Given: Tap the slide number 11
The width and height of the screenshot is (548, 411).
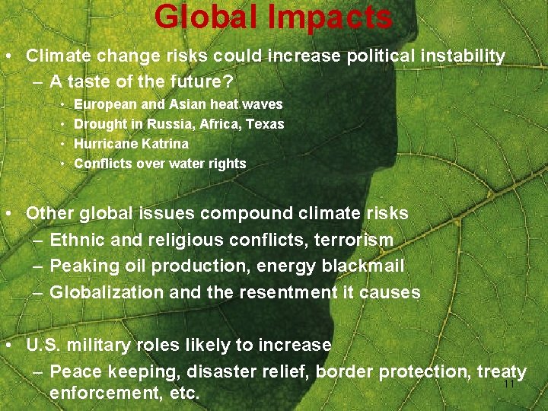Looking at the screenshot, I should pyautogui.click(x=510, y=384).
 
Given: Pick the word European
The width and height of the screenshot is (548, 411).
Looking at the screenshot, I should pyautogui.click(x=103, y=104).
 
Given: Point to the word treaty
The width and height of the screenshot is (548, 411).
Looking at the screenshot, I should pyautogui.click(x=502, y=371).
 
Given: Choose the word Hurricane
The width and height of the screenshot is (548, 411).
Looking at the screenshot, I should pyautogui.click(x=105, y=143).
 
